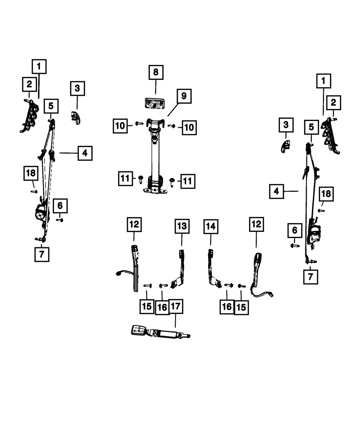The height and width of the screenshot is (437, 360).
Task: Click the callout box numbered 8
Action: pyautogui.click(x=156, y=72)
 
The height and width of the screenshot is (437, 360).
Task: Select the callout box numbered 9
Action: pyautogui.click(x=184, y=96)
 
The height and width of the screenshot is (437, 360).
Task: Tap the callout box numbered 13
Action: pyautogui.click(x=182, y=226)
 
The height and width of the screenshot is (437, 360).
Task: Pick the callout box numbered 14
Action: pyautogui.click(x=211, y=226)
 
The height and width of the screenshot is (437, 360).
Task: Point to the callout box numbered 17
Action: pyautogui.click(x=175, y=307)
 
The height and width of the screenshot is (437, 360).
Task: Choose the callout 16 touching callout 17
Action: pyautogui.click(x=162, y=307)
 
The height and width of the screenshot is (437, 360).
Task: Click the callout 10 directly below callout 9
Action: pyautogui.click(x=189, y=127)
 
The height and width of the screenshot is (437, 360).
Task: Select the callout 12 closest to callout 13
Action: pyautogui.click(x=134, y=224)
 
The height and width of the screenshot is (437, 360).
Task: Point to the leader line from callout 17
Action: pyautogui.click(x=175, y=320)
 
